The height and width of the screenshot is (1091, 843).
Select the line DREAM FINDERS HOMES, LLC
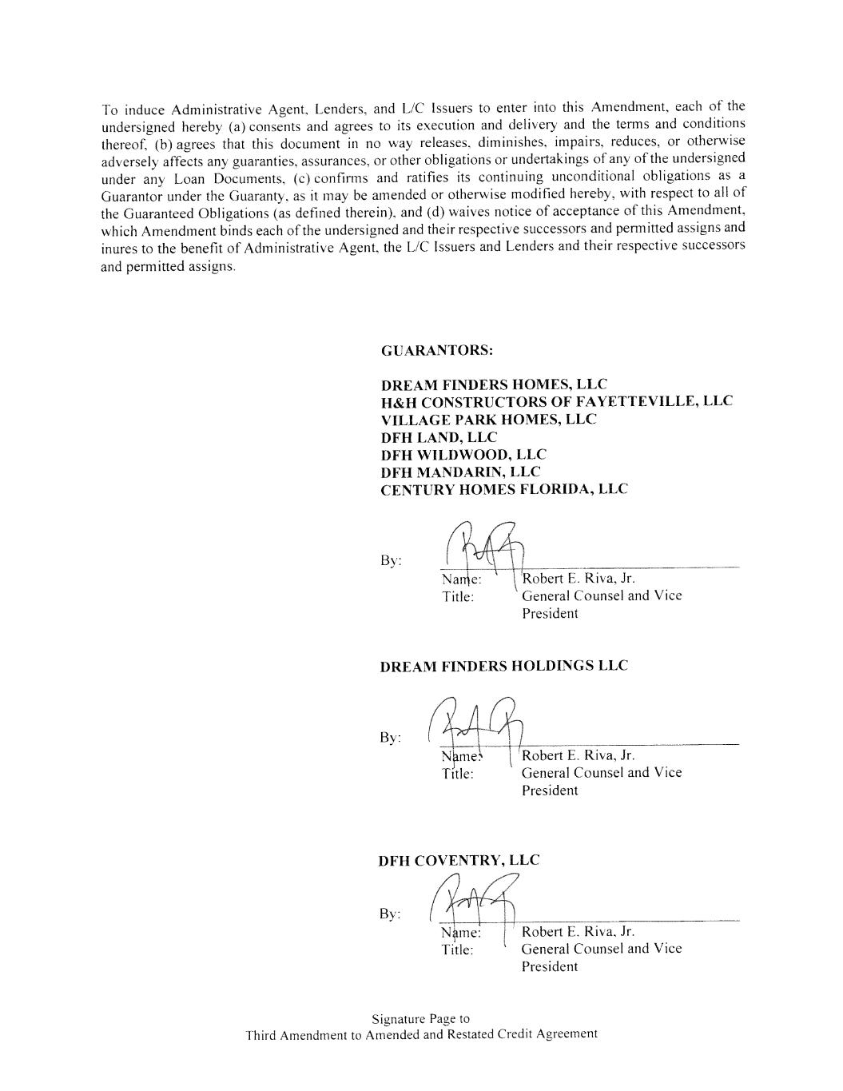(x=493, y=384)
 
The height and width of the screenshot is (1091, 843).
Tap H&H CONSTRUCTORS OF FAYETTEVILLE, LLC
(x=556, y=401)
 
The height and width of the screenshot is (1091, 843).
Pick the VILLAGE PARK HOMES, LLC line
(x=488, y=419)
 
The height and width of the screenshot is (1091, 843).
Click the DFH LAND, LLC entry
(x=439, y=437)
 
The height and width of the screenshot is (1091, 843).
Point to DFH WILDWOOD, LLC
(x=463, y=455)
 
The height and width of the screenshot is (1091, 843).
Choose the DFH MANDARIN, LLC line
(x=460, y=472)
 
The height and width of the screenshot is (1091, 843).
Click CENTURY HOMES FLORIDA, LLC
(x=504, y=488)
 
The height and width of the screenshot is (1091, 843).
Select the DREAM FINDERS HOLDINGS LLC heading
(x=503, y=666)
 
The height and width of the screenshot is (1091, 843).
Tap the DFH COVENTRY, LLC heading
(x=459, y=860)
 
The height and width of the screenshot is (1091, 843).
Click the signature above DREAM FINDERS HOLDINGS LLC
(x=483, y=550)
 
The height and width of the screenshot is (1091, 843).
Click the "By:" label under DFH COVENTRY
(x=390, y=914)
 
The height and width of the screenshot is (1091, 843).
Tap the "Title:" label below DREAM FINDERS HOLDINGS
(x=457, y=774)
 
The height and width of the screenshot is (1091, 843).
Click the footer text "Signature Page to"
(x=420, y=1018)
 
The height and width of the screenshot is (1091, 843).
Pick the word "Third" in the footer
(x=260, y=1035)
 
